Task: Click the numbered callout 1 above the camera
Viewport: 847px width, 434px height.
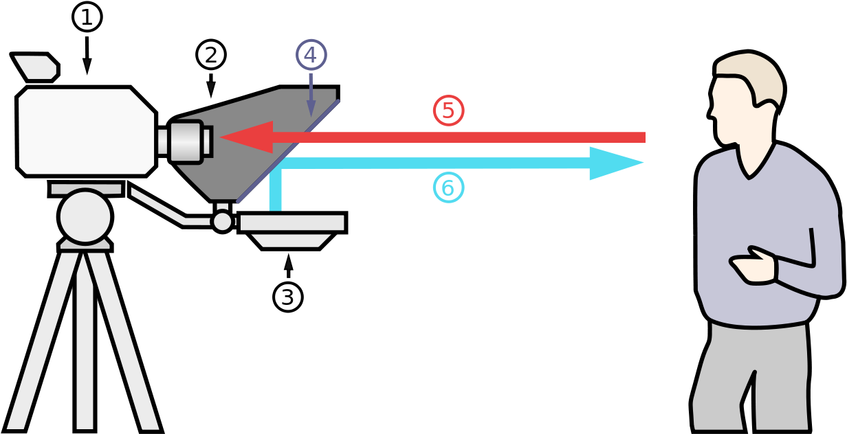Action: point(87,18)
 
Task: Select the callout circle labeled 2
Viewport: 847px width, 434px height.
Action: point(211,55)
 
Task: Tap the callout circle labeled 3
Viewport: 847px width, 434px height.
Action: point(288,297)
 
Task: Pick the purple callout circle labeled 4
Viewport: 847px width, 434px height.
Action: point(311,55)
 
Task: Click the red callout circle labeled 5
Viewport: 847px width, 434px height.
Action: point(448,111)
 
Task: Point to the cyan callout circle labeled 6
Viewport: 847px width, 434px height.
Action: point(448,187)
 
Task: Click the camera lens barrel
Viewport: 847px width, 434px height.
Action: point(186,141)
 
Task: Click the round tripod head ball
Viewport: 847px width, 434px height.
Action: point(85,216)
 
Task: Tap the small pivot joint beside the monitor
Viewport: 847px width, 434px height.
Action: point(222,221)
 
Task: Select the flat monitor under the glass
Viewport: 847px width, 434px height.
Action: point(291,222)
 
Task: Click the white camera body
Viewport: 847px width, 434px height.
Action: point(86,130)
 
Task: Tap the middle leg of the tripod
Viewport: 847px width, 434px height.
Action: point(85,343)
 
